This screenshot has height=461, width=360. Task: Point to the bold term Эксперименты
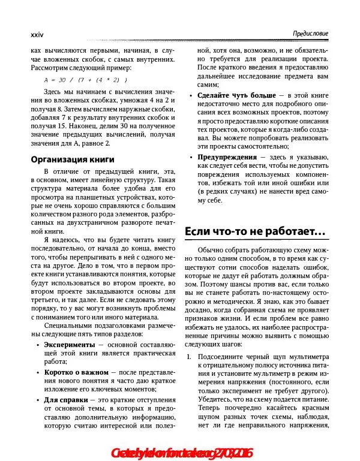[x=70, y=346]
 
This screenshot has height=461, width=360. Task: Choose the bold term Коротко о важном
[x=76, y=372]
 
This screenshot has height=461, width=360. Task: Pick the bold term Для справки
[x=66, y=399]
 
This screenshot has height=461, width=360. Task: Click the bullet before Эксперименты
[x=39, y=346]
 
